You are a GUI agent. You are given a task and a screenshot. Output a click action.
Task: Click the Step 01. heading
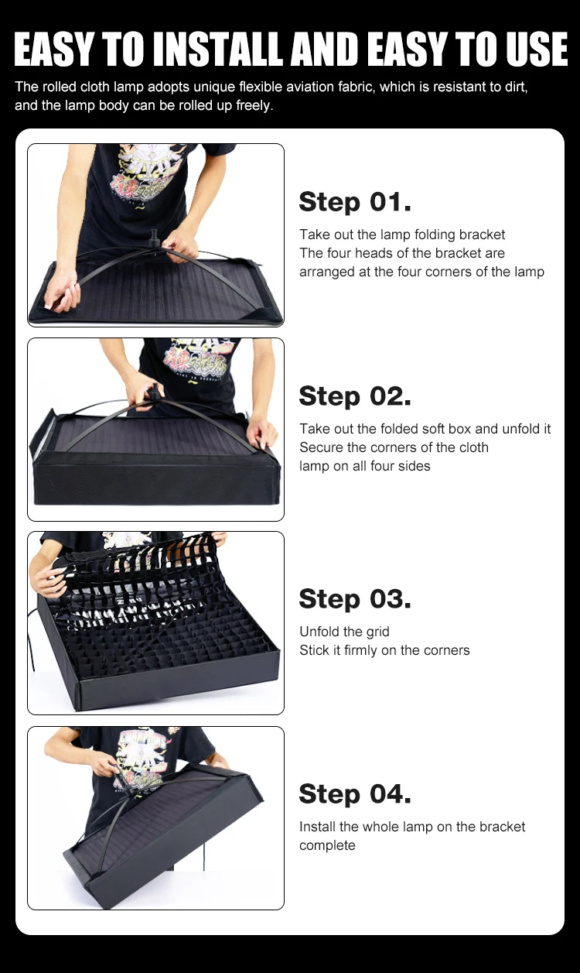(355, 202)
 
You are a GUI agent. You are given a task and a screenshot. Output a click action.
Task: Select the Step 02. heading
(355, 396)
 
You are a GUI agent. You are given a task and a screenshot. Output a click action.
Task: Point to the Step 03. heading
(355, 598)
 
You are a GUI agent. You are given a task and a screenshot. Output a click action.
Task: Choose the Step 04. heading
(355, 793)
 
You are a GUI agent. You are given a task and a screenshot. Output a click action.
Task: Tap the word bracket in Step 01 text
(482, 235)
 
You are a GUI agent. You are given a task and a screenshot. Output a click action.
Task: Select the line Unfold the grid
(344, 632)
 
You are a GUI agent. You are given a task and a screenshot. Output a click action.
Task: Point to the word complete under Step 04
(327, 845)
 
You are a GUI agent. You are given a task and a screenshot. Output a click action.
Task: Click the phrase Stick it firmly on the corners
(384, 650)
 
